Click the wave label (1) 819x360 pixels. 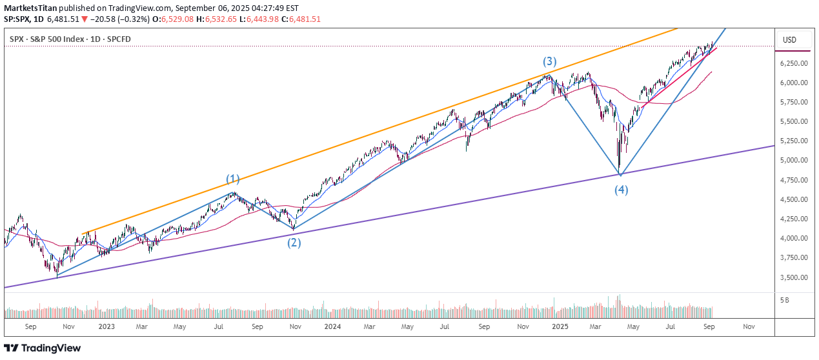(232, 179)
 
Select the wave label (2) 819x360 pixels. (294, 243)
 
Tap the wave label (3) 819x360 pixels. (549, 62)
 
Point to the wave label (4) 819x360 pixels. (621, 190)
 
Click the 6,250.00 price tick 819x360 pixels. (793, 63)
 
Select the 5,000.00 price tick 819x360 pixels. (793, 161)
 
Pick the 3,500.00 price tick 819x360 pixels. (793, 277)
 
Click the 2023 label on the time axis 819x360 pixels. (106, 327)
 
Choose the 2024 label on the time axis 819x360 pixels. (332, 327)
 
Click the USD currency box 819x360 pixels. (789, 40)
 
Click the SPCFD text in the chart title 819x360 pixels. (117, 40)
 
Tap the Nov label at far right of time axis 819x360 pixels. (749, 327)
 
